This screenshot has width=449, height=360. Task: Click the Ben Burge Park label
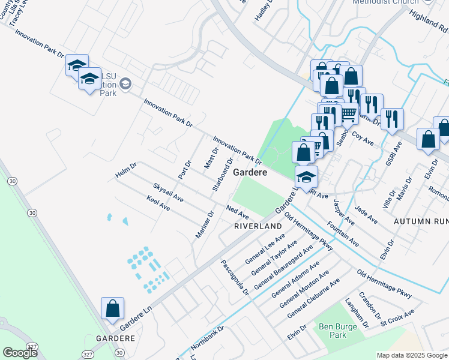point(333,331)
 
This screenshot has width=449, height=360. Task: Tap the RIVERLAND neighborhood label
point(258,226)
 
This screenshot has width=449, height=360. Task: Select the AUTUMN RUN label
point(421,221)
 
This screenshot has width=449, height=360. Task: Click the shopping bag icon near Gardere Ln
point(113,310)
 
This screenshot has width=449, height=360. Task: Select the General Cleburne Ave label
point(313,298)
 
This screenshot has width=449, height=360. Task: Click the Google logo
point(20,353)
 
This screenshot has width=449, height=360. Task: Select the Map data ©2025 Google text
point(411,355)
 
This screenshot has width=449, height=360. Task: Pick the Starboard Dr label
point(223,175)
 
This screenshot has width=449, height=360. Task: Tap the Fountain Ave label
point(343,235)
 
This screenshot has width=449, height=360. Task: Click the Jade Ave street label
point(366,215)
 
